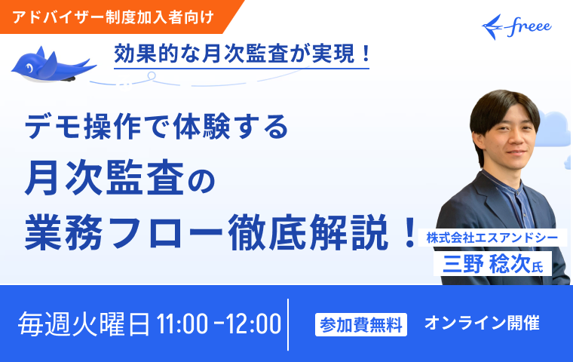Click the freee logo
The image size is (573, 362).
click(x=516, y=26)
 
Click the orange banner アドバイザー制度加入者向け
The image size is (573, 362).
click(x=113, y=16)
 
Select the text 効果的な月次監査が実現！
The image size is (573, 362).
click(x=242, y=54)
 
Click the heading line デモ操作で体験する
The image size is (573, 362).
click(x=157, y=127)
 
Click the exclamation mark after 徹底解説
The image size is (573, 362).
click(x=408, y=228)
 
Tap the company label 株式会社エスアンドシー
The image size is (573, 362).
click(x=491, y=238)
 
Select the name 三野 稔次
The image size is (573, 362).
click(x=484, y=264)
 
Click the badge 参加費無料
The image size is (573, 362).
click(x=361, y=324)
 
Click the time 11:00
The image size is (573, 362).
click(x=182, y=324)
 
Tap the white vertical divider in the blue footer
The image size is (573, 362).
click(x=288, y=324)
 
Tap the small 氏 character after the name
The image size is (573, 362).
click(x=538, y=266)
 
